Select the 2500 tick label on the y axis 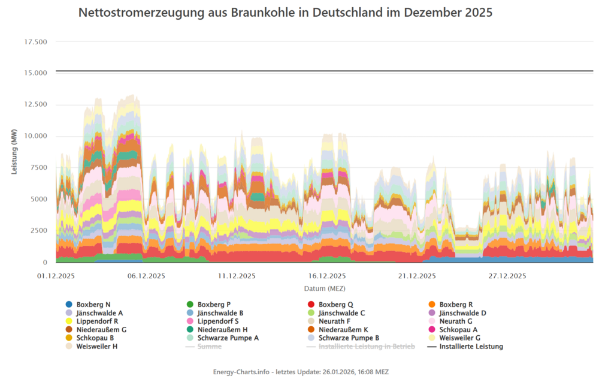point(38,231)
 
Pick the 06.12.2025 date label point(145,276)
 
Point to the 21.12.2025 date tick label point(416,276)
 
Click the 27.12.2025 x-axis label point(507,276)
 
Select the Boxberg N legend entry point(93,305)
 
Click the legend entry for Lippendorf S point(217,321)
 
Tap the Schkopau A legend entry point(458,330)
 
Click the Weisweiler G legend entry point(459,338)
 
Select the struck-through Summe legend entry point(209,347)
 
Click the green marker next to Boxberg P point(190,305)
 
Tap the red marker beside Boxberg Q point(311,305)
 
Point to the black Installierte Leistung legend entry point(470,347)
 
